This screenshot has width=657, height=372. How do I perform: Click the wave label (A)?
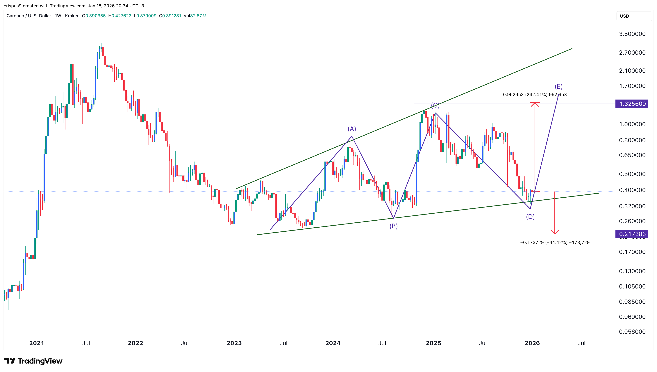coord(351,129)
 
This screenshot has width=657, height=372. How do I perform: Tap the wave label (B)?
coord(393,226)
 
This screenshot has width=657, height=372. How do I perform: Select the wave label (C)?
coord(435,105)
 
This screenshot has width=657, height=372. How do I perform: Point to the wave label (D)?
coord(530,217)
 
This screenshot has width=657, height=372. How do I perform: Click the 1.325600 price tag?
coord(632,104)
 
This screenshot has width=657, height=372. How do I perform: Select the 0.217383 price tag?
coord(632,234)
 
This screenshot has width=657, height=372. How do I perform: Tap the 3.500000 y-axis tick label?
coord(632,34)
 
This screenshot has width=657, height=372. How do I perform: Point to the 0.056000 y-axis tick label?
coord(632,332)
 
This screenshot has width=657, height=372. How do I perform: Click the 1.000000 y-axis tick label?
coord(632,124)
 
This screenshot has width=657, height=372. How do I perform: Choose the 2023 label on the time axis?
coord(234,343)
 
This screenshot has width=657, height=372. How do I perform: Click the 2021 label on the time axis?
coord(37,343)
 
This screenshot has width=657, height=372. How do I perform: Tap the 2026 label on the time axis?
coord(532,343)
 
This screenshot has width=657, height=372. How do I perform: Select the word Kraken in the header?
coord(72,16)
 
